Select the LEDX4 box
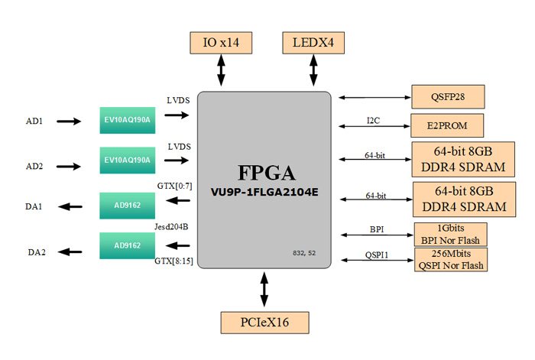[313, 43]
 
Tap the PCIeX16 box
[264, 321]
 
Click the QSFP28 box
[449, 97]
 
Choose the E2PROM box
[449, 124]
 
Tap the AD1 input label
[34, 121]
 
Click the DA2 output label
[35, 251]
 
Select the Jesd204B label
[170, 226]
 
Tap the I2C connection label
[374, 119]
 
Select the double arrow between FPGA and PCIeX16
[264, 290]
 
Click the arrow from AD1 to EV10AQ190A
[68, 121]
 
